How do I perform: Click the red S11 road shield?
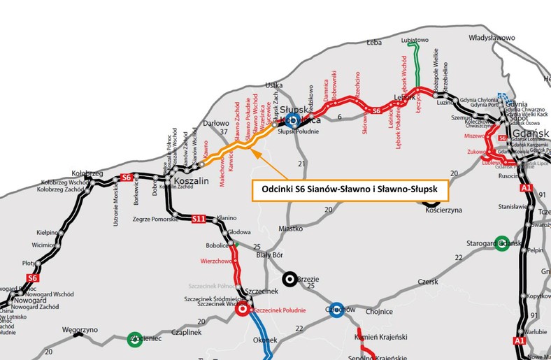coord(199,219)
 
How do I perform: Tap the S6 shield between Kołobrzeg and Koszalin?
coord(127,177)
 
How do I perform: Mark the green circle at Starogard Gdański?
coord(501,243)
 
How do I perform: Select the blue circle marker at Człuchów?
coord(336,309)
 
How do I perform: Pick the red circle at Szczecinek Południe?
coord(243,308)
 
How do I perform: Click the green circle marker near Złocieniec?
coord(134,340)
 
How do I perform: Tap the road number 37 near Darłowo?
coord(224,131)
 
